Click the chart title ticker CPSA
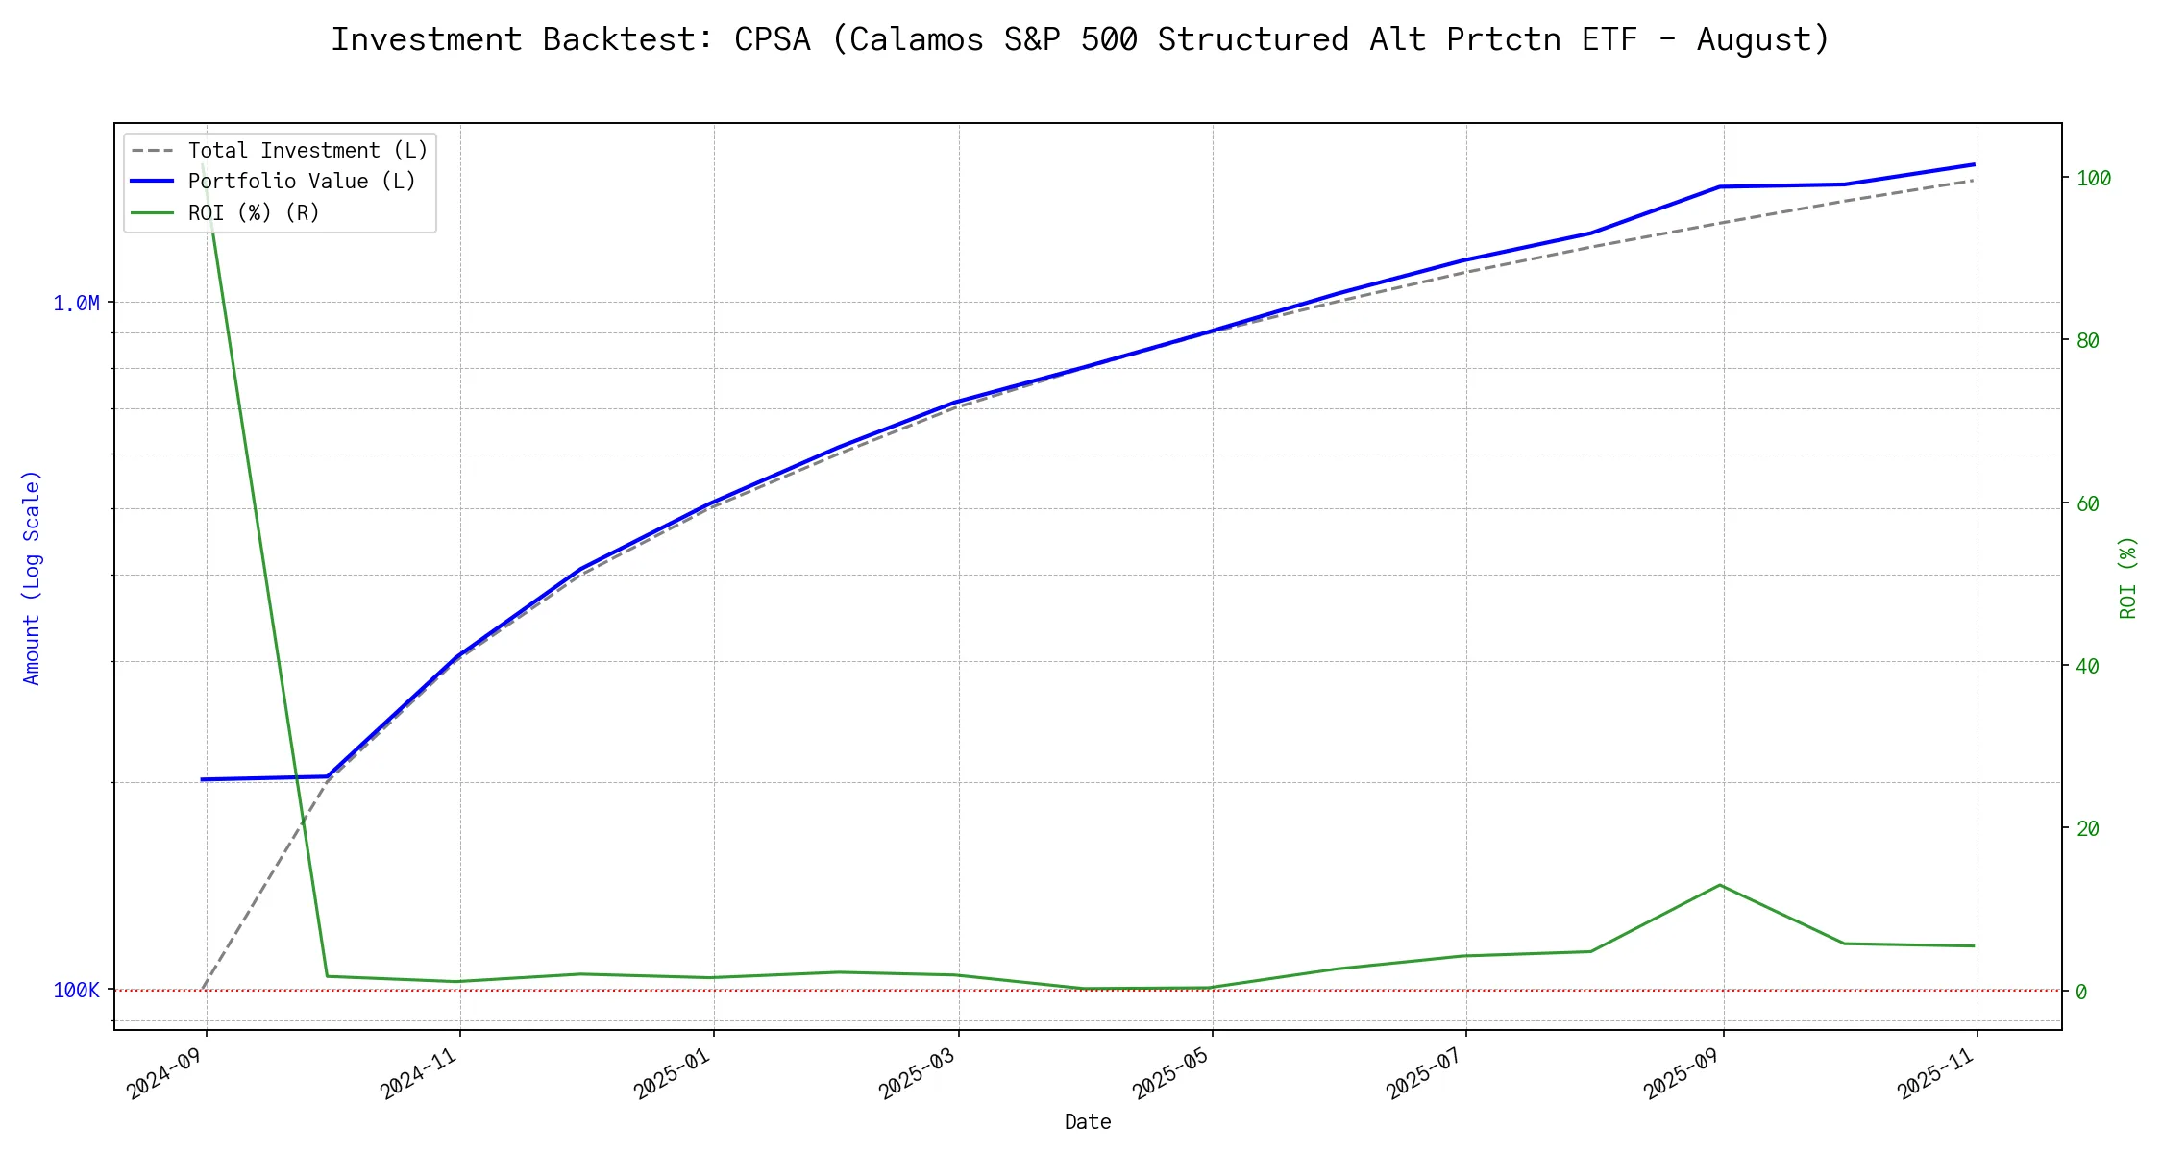pyautogui.click(x=772, y=39)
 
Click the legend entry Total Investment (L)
pyautogui.click(x=307, y=151)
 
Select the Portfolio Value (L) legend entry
pyautogui.click(x=302, y=182)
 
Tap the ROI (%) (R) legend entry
pyautogui.click(x=254, y=212)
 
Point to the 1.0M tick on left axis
pyautogui.click(x=76, y=304)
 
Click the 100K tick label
pyautogui.click(x=76, y=991)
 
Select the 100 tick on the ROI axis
pyautogui.click(x=2094, y=178)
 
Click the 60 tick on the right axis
pyautogui.click(x=2087, y=503)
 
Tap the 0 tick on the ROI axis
pyautogui.click(x=2081, y=992)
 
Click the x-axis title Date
pyautogui.click(x=1088, y=1122)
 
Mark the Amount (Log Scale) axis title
pyautogui.click(x=32, y=577)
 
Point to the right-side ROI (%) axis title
pyautogui.click(x=2128, y=577)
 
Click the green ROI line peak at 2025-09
pyautogui.click(x=1720, y=885)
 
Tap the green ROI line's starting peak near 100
pyautogui.click(x=204, y=165)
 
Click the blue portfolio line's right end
pyautogui.click(x=1974, y=164)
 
